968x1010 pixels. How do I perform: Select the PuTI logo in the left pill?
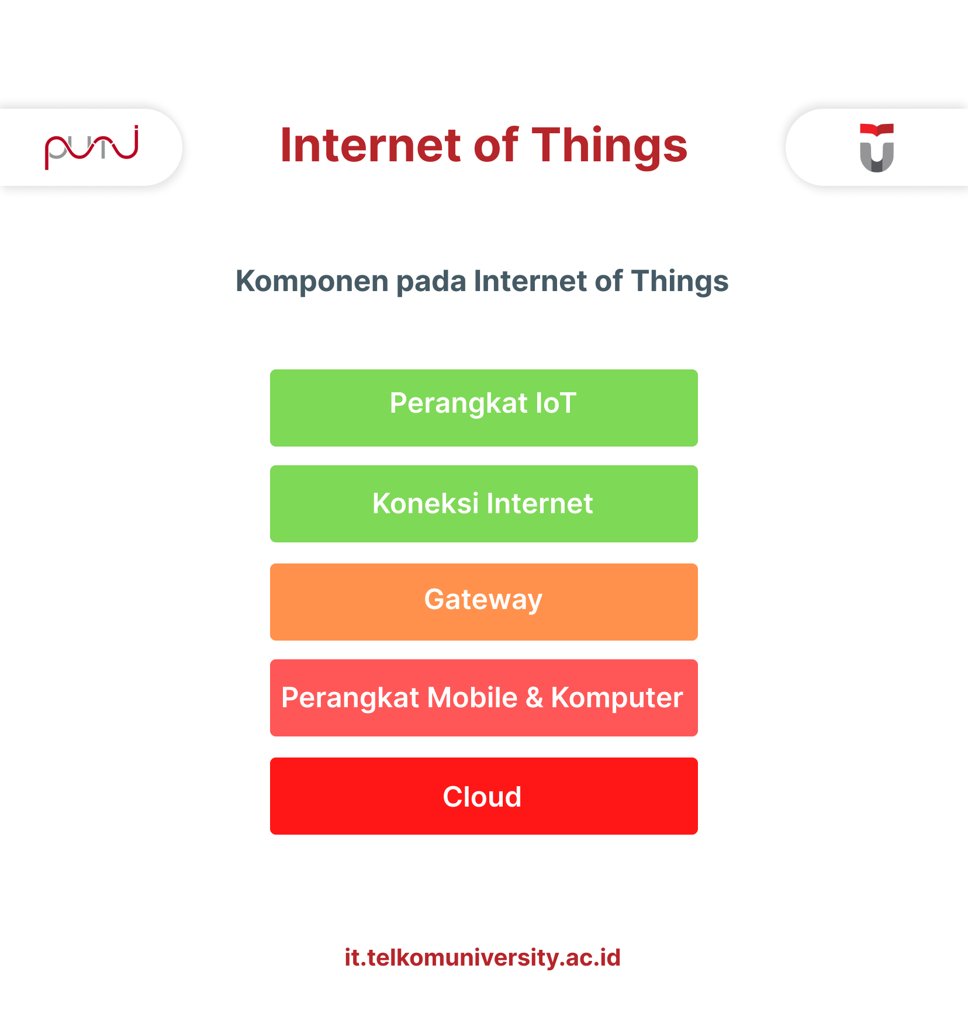tap(92, 147)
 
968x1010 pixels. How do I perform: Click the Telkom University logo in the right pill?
tap(877, 148)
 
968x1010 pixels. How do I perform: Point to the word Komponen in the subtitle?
tap(312, 282)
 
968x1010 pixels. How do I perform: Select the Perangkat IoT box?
tap(484, 408)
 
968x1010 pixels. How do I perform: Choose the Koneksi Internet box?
tap(484, 504)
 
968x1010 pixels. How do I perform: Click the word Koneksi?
tap(426, 503)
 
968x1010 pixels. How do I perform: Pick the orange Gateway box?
tap(484, 602)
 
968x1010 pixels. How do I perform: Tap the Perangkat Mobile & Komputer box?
tap(484, 698)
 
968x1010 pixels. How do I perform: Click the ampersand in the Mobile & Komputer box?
tap(534, 698)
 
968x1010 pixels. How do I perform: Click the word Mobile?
tap(472, 697)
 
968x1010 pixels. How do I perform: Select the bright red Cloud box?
tap(484, 796)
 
